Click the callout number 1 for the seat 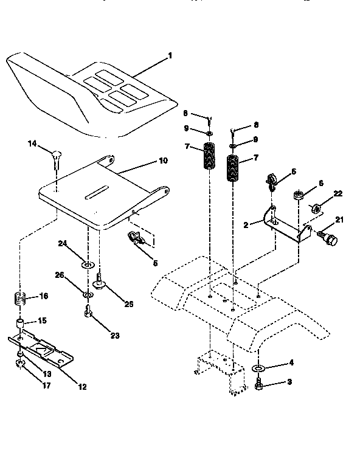point(170,55)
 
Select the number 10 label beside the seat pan point(163,161)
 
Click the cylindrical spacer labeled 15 point(21,322)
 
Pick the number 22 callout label point(338,193)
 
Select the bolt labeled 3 point(258,384)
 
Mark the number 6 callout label point(320,182)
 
